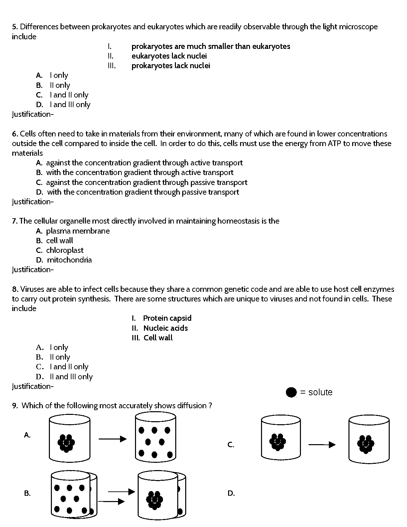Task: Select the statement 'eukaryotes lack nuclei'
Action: [169, 56]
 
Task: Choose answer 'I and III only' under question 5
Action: [70, 104]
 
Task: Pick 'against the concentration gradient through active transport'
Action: [144, 163]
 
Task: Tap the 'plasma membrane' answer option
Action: [78, 231]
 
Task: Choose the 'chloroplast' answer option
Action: [65, 250]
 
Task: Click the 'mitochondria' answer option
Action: [69, 260]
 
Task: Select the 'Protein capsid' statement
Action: [167, 318]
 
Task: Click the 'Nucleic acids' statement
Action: [166, 328]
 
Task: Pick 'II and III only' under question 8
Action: [71, 377]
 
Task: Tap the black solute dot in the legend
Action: [291, 392]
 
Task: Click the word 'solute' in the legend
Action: [320, 392]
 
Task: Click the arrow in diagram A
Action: [112, 439]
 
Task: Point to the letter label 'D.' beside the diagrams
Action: [231, 493]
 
